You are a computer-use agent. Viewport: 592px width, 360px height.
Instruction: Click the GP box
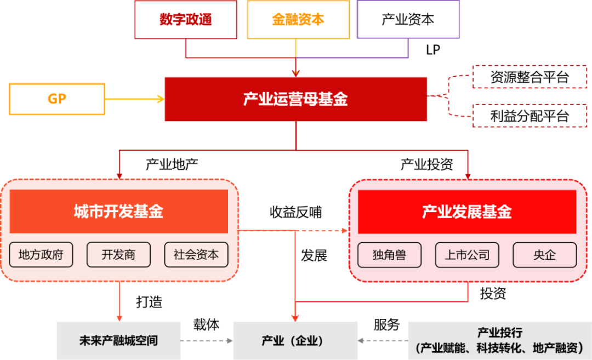coord(57,99)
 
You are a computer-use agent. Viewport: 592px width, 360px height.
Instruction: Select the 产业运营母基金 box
coord(295,99)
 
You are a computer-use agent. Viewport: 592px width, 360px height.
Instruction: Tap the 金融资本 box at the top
coord(298,20)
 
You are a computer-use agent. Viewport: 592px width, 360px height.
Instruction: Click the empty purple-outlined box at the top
coord(408,20)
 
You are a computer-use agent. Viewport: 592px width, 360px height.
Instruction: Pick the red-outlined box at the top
coord(186,20)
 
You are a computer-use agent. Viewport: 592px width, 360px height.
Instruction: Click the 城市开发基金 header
coord(118,212)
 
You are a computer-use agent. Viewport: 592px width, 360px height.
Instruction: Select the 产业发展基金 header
coord(466,212)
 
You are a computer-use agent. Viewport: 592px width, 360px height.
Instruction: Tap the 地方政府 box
coord(41,255)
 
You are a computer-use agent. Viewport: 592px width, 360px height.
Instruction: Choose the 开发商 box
coord(118,255)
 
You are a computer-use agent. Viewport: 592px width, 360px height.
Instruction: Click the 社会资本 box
coord(196,255)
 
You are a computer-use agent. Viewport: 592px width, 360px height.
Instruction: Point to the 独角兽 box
coord(389,255)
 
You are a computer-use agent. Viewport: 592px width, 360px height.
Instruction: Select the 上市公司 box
coord(467,255)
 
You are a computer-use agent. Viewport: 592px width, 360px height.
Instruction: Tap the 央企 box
coord(544,255)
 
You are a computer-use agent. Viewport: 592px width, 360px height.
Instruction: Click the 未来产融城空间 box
coord(118,340)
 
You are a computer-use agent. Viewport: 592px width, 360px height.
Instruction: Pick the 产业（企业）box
coord(295,340)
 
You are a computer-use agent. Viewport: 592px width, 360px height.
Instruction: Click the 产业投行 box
coord(499,340)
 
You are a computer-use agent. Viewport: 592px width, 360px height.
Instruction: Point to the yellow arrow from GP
coord(134,99)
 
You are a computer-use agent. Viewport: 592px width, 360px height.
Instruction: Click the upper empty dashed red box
coord(529,77)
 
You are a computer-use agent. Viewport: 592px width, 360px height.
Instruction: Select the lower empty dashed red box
coord(529,116)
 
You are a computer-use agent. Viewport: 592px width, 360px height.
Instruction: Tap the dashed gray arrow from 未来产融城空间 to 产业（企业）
coord(207,340)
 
